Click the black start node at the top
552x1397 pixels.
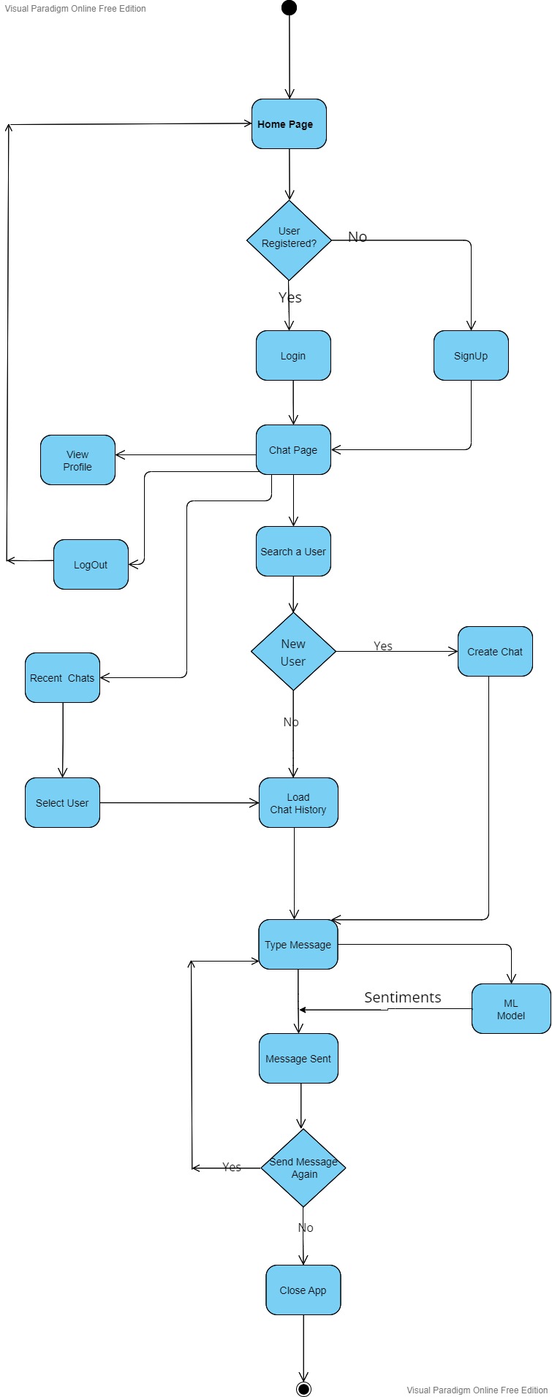(x=289, y=8)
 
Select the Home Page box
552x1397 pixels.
(x=289, y=124)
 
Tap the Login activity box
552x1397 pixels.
(x=293, y=356)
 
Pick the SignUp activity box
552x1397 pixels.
(x=471, y=356)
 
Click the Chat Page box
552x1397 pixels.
(x=293, y=450)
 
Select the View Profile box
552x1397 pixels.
(x=77, y=460)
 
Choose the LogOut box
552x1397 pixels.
(x=91, y=565)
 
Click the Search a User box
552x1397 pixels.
(x=293, y=552)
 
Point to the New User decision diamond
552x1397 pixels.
(x=293, y=652)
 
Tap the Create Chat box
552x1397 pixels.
(x=495, y=652)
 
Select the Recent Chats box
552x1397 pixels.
(x=62, y=678)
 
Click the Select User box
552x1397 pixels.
(x=62, y=803)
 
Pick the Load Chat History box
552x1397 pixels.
(x=298, y=803)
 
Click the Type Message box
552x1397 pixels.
(x=298, y=945)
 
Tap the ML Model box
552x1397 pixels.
(x=511, y=1009)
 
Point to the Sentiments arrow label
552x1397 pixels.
(x=403, y=997)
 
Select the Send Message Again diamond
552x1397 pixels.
(x=303, y=1168)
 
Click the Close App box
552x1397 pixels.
(x=303, y=1290)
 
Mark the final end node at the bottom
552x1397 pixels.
(x=303, y=1388)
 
